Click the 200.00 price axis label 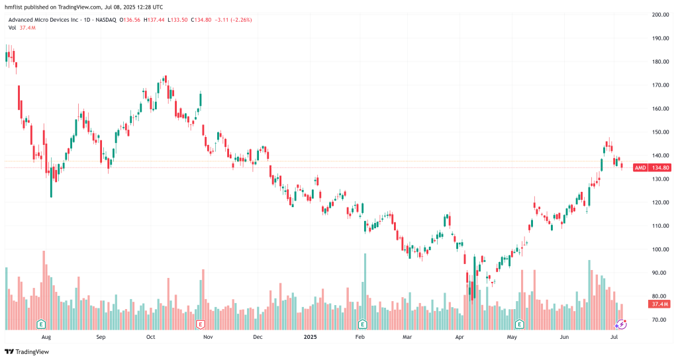click(658, 15)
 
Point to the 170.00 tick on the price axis click(658, 85)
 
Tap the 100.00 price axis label click(658, 249)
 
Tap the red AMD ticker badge click(640, 168)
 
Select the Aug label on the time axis click(46, 337)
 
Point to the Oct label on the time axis click(150, 337)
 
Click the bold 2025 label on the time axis click(311, 337)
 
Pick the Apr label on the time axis click(460, 337)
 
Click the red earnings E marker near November click(201, 324)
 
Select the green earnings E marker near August click(41, 324)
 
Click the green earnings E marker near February click(362, 324)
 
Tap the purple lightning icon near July click(621, 324)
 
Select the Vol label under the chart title click(13, 28)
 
